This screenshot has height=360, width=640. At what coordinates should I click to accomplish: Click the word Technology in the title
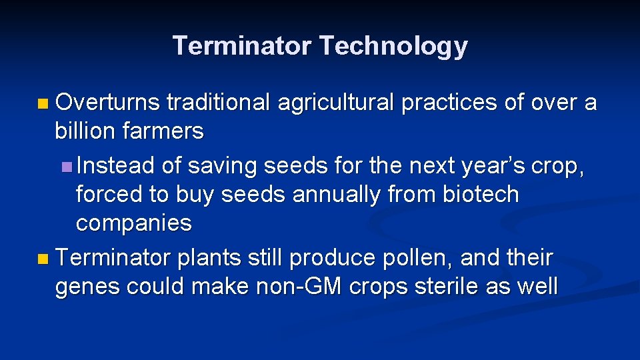[x=393, y=46]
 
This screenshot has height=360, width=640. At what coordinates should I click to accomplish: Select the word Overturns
[x=108, y=103]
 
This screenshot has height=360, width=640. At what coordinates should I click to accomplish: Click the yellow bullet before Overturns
[x=43, y=104]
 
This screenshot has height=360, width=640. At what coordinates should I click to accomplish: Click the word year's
[x=489, y=165]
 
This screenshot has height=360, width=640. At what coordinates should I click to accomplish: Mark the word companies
[x=133, y=223]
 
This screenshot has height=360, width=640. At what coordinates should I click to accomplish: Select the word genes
[x=88, y=286]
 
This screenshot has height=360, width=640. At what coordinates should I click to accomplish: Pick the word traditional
[x=217, y=103]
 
